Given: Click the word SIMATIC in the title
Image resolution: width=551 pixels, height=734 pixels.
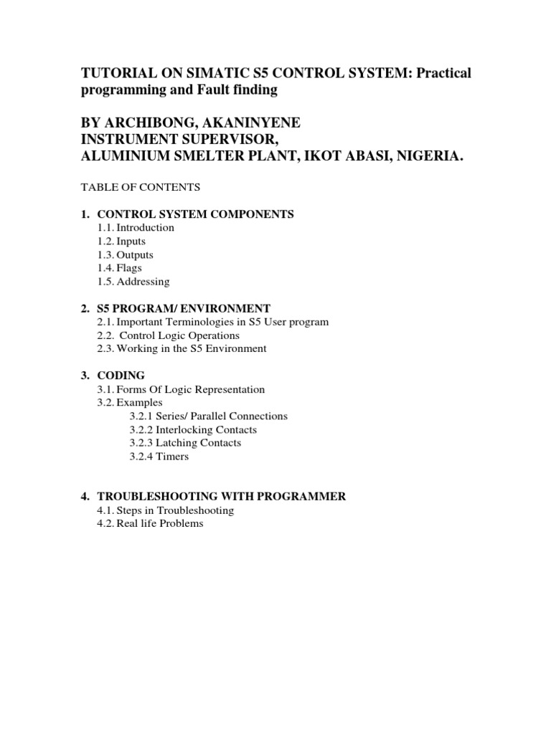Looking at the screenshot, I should [x=215, y=75].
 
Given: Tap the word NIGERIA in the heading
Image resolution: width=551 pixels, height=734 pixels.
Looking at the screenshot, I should [x=423, y=156].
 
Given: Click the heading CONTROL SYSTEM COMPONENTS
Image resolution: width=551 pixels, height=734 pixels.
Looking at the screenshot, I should [x=195, y=214].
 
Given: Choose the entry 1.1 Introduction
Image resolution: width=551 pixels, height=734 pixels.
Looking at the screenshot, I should [x=136, y=227].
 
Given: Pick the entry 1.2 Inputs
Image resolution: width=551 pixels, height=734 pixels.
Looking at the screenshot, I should [x=122, y=242].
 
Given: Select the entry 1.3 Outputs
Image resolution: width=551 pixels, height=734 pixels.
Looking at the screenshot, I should [x=126, y=254].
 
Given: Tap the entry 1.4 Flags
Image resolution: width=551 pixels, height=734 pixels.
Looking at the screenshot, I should [x=120, y=268].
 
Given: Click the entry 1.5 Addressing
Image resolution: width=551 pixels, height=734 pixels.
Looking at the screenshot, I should [x=133, y=282].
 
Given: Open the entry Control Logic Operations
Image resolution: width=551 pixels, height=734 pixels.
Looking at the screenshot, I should [x=179, y=335].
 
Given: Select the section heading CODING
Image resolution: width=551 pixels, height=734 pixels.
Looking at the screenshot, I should [x=121, y=376].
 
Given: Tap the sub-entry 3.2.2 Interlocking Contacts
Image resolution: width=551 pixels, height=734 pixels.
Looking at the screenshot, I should [x=193, y=430].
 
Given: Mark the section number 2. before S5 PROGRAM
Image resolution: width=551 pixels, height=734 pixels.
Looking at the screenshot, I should [x=85, y=308].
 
